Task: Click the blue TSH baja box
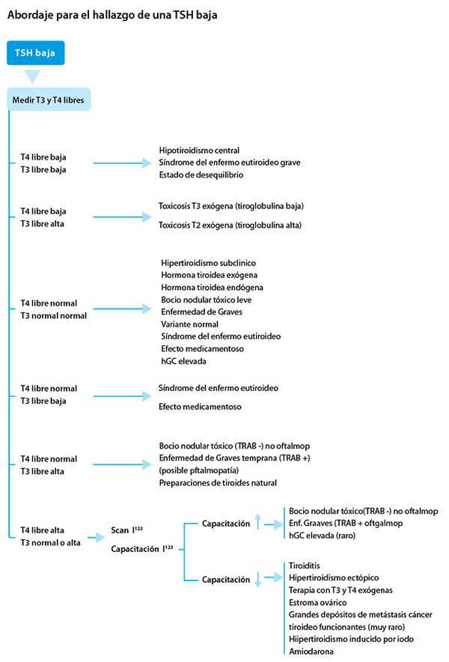point(35,53)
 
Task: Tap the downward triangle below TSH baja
point(32,76)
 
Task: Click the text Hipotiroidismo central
point(199,151)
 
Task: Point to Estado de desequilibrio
point(201,174)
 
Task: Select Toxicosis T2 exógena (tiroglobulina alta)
point(230,224)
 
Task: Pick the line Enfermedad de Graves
point(200,312)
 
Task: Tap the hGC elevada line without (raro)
point(183,360)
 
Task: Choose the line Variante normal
point(189,324)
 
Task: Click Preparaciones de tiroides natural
point(218,483)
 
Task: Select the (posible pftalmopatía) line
point(198,470)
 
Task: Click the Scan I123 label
point(128,529)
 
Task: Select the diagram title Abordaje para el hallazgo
point(112,14)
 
